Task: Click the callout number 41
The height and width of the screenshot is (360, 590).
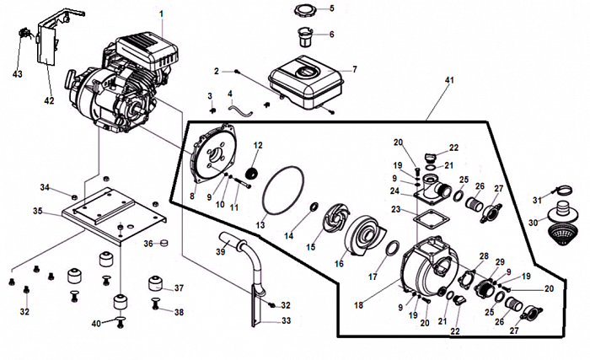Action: (x=448, y=80)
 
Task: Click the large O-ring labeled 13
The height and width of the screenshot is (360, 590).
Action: (x=282, y=194)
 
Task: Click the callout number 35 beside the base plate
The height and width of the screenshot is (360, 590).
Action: (x=37, y=210)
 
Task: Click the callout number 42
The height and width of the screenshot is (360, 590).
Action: (x=49, y=100)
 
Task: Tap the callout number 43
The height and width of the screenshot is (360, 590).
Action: (x=18, y=75)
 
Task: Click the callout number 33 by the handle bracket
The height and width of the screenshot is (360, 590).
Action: (x=286, y=320)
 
